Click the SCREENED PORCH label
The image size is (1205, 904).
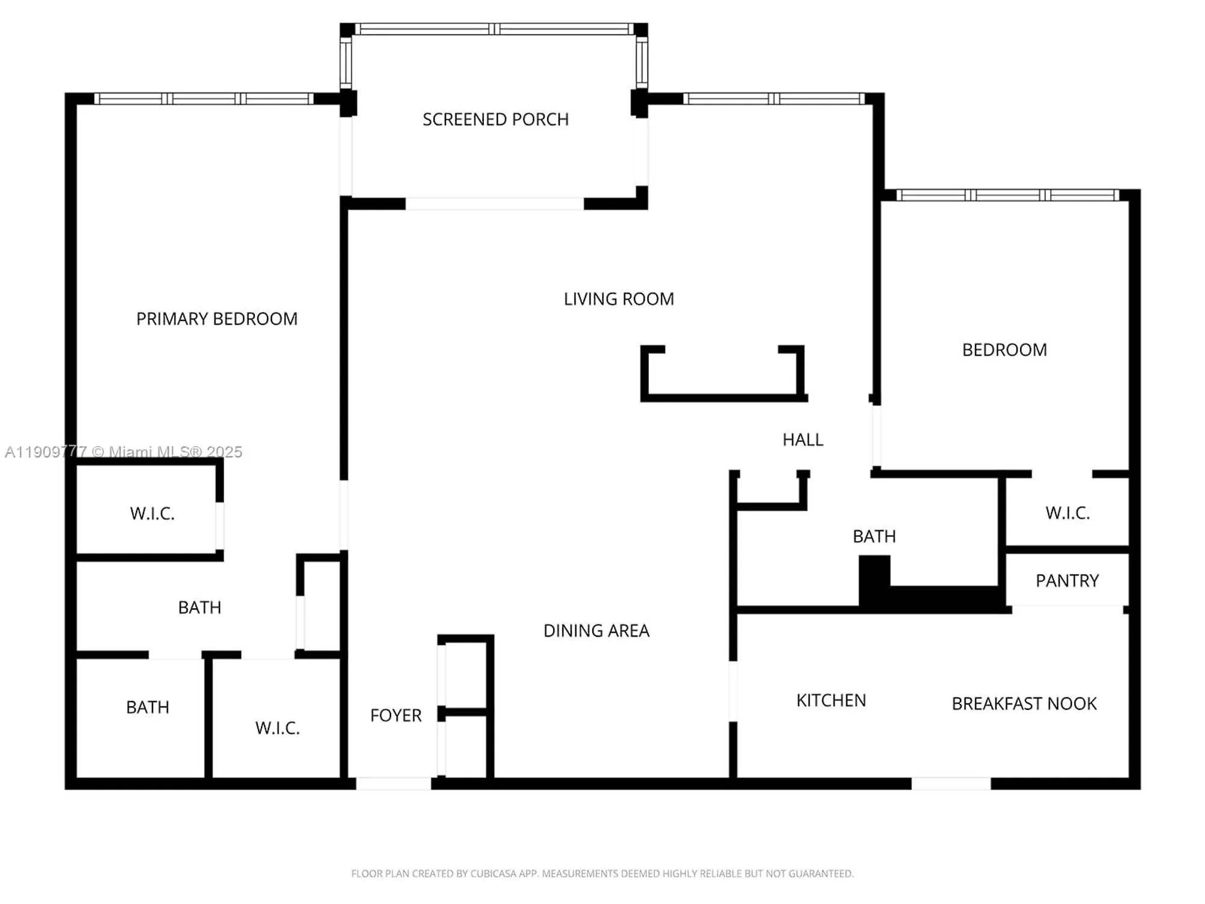(x=495, y=119)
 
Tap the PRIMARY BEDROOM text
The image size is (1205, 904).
(x=217, y=319)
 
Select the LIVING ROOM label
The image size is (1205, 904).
(x=619, y=299)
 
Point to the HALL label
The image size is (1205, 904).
(x=803, y=440)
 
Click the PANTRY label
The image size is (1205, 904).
(x=1067, y=581)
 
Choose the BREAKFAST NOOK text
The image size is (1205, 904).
(x=1024, y=704)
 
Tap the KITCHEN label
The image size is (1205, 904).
(x=831, y=700)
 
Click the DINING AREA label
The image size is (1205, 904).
(x=596, y=631)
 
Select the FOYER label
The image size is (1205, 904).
(x=396, y=715)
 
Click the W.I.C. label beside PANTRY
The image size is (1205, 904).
(x=1067, y=513)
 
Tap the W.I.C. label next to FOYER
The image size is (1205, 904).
(x=277, y=728)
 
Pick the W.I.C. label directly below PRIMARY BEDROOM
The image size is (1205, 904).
(x=152, y=514)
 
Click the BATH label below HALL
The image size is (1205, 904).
(x=874, y=536)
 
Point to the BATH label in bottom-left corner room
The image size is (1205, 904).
(x=148, y=708)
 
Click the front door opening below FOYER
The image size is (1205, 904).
(x=393, y=783)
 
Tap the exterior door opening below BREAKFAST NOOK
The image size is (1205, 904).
(x=951, y=783)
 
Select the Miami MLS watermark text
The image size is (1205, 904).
(x=124, y=452)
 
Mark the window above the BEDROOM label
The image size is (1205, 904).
(x=1007, y=195)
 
